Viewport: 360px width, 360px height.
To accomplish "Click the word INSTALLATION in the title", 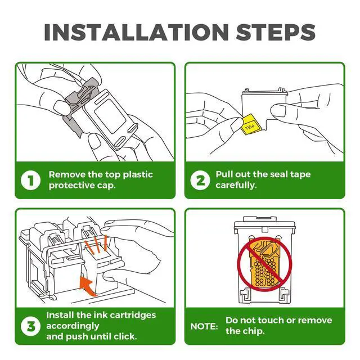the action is pyautogui.click(x=136, y=32).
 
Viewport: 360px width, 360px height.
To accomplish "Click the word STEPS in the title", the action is pyautogui.click(x=276, y=32).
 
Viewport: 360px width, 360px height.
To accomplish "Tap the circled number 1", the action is pyautogui.click(x=30, y=180).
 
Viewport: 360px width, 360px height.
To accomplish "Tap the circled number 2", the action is pyautogui.click(x=200, y=180).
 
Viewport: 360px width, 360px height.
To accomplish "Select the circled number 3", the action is pyautogui.click(x=30, y=326).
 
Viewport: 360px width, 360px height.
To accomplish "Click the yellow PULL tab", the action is pyautogui.click(x=249, y=124).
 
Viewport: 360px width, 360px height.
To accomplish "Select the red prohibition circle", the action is pyautogui.click(x=264, y=264).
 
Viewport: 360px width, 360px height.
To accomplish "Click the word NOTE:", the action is pyautogui.click(x=204, y=326).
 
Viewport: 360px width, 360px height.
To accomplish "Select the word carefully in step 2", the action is pyautogui.click(x=236, y=185).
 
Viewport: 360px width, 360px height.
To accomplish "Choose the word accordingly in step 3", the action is pyautogui.click(x=73, y=326).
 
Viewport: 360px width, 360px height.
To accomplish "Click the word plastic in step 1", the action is pyautogui.click(x=138, y=175).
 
